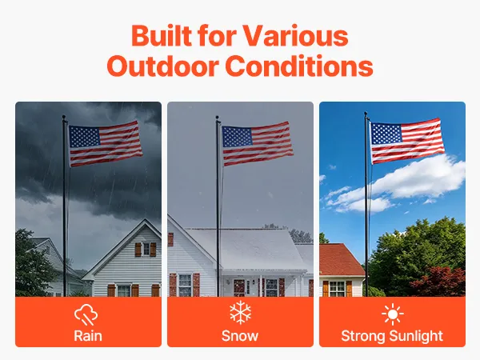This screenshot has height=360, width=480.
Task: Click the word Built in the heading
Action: coord(162,35)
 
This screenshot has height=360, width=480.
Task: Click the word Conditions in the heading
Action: coord(299,66)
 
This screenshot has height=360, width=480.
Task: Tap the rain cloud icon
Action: coord(86,314)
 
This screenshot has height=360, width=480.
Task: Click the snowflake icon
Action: coord(240,312)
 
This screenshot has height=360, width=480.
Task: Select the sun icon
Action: coord(393,314)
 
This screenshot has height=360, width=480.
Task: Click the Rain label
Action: coord(88,336)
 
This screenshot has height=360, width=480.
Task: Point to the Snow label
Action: coord(240,336)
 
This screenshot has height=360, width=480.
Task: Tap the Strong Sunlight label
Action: coord(392,336)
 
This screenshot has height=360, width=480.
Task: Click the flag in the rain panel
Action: coord(105,143)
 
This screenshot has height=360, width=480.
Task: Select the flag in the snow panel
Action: coord(257,143)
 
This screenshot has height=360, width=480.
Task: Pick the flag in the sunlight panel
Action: coord(407,140)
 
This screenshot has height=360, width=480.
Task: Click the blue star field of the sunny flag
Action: coord(386,134)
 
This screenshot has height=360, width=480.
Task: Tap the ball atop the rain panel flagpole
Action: coord(64,118)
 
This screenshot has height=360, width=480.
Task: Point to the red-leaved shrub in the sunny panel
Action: coord(438,281)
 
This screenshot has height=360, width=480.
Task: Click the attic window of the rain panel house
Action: coord(146,249)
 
